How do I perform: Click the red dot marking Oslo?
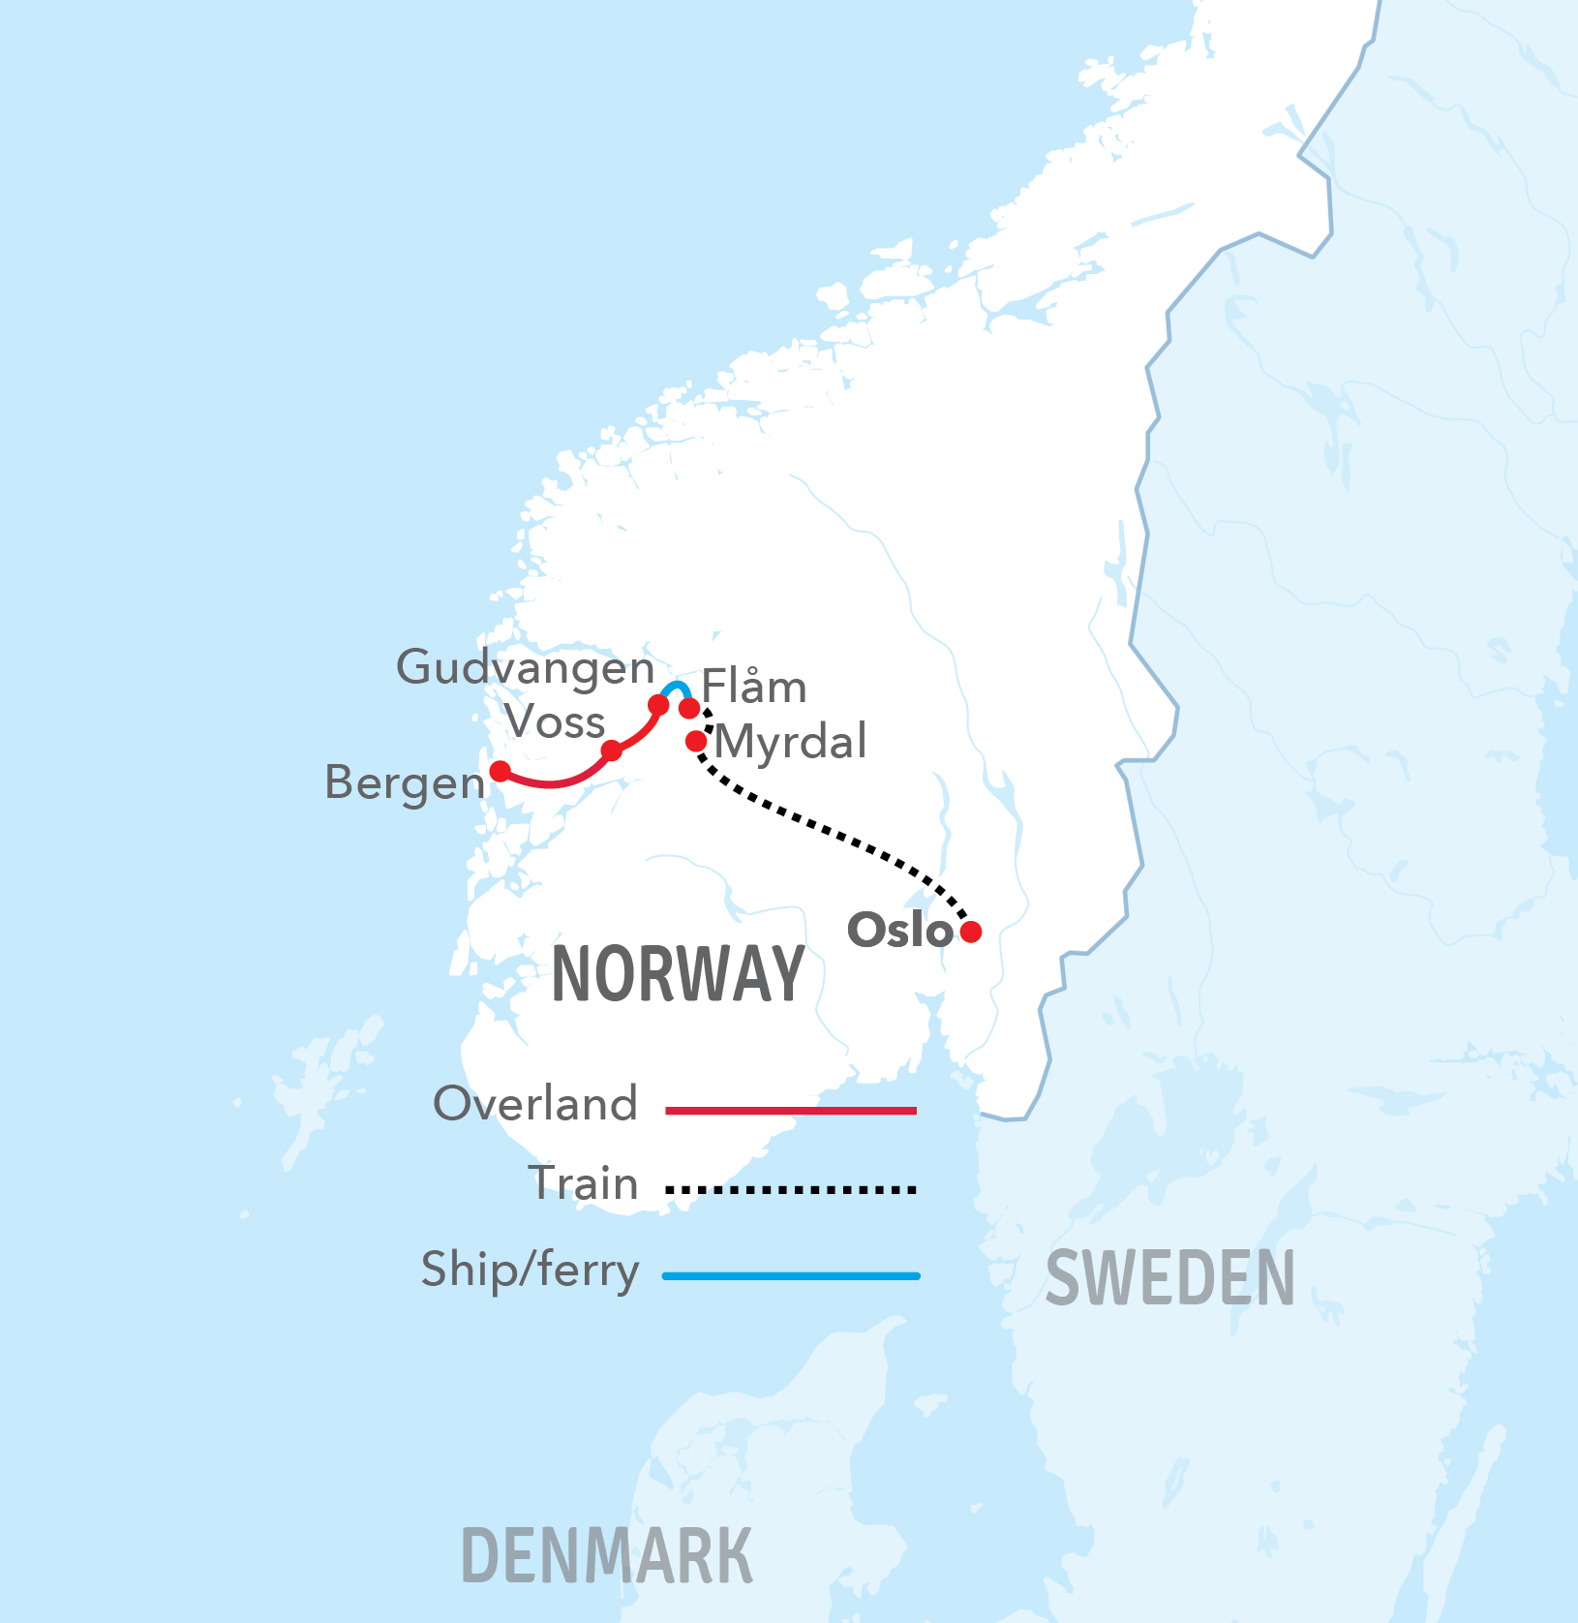(971, 932)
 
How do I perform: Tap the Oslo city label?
(900, 930)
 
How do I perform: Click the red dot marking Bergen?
(500, 771)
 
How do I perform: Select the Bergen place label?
(405, 782)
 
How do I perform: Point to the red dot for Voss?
(612, 750)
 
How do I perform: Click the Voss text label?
(555, 722)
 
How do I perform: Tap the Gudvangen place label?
(526, 667)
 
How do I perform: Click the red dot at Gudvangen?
(658, 705)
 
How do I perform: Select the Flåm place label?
(754, 687)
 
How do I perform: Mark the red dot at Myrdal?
(696, 742)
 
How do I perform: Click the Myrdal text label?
(791, 743)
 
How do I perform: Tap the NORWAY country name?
(678, 974)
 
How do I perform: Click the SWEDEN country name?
(1169, 1278)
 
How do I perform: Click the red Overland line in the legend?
(791, 1111)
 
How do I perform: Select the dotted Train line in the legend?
(791, 1189)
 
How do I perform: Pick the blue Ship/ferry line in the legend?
(791, 1276)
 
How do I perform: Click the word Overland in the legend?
(535, 1104)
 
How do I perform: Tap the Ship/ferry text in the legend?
(530, 1271)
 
